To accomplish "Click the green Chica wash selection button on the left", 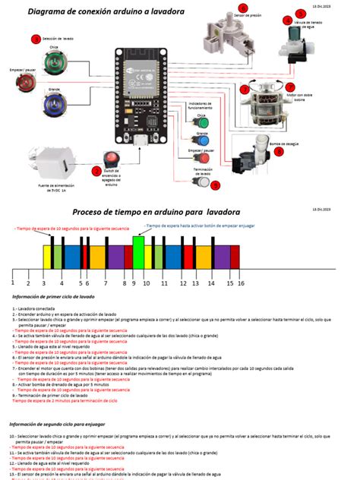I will pyautogui.click(x=54, y=60).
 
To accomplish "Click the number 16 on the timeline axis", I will pyautogui.click(x=241, y=283).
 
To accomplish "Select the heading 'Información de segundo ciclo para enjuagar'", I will pyautogui.click(x=58, y=423).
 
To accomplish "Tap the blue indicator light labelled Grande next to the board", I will pyautogui.click(x=203, y=140).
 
